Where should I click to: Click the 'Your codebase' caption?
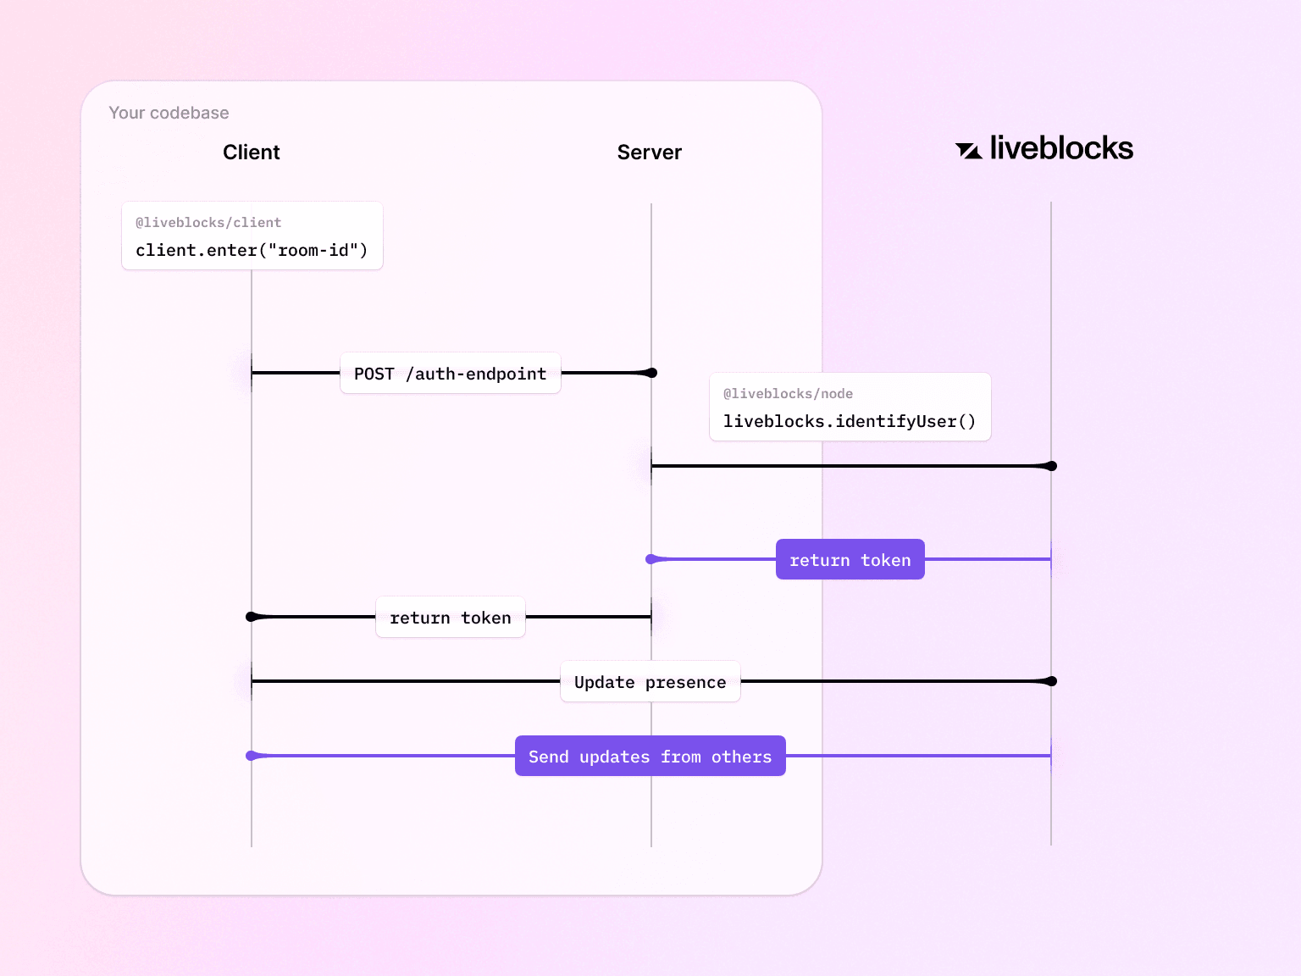click(169, 113)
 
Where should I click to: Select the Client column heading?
click(251, 152)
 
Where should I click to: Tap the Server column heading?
click(649, 152)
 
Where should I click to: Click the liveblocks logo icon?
click(968, 151)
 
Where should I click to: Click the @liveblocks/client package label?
click(208, 223)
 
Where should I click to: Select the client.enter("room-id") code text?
click(252, 251)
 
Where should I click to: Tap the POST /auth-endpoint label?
click(450, 374)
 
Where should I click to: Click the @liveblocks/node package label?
click(788, 394)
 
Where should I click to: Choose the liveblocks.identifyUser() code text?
click(849, 422)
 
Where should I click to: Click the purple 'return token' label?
click(850, 560)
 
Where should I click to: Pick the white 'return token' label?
click(450, 618)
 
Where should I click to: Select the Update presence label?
click(650, 682)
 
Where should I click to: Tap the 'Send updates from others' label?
click(650, 757)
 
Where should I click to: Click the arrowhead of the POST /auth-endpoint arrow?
click(650, 373)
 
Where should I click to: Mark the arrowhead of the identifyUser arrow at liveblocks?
click(1049, 466)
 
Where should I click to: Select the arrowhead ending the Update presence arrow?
click(1049, 681)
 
